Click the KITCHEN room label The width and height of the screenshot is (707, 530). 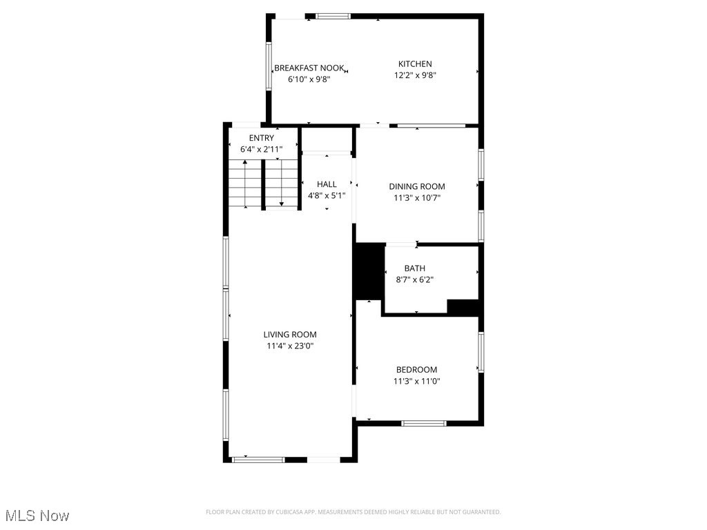click(x=415, y=64)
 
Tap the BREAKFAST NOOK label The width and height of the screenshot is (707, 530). click(x=309, y=68)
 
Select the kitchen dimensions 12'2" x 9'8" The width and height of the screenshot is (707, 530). click(x=415, y=75)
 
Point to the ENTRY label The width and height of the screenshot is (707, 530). click(x=262, y=138)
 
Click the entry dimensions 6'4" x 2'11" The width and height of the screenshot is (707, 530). click(x=262, y=148)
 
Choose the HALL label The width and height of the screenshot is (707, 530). click(x=327, y=184)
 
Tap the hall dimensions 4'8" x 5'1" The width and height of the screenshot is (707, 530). click(x=327, y=195)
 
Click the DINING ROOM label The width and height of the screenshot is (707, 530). click(x=417, y=186)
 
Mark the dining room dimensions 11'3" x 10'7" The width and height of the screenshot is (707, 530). click(x=417, y=197)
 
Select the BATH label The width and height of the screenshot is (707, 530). click(x=415, y=268)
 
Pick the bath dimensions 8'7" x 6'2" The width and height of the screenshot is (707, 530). click(x=415, y=279)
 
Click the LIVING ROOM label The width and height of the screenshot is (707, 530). click(x=290, y=335)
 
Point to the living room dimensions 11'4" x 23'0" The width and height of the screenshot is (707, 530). click(x=290, y=346)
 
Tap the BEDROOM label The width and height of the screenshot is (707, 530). click(x=416, y=370)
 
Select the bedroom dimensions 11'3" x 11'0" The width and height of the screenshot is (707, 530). click(x=417, y=381)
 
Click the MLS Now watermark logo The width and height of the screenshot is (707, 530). click(x=37, y=516)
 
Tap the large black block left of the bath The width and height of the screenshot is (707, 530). click(x=369, y=271)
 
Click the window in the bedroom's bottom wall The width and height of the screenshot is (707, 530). click(x=424, y=423)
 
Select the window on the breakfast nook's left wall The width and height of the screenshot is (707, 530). click(x=269, y=66)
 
